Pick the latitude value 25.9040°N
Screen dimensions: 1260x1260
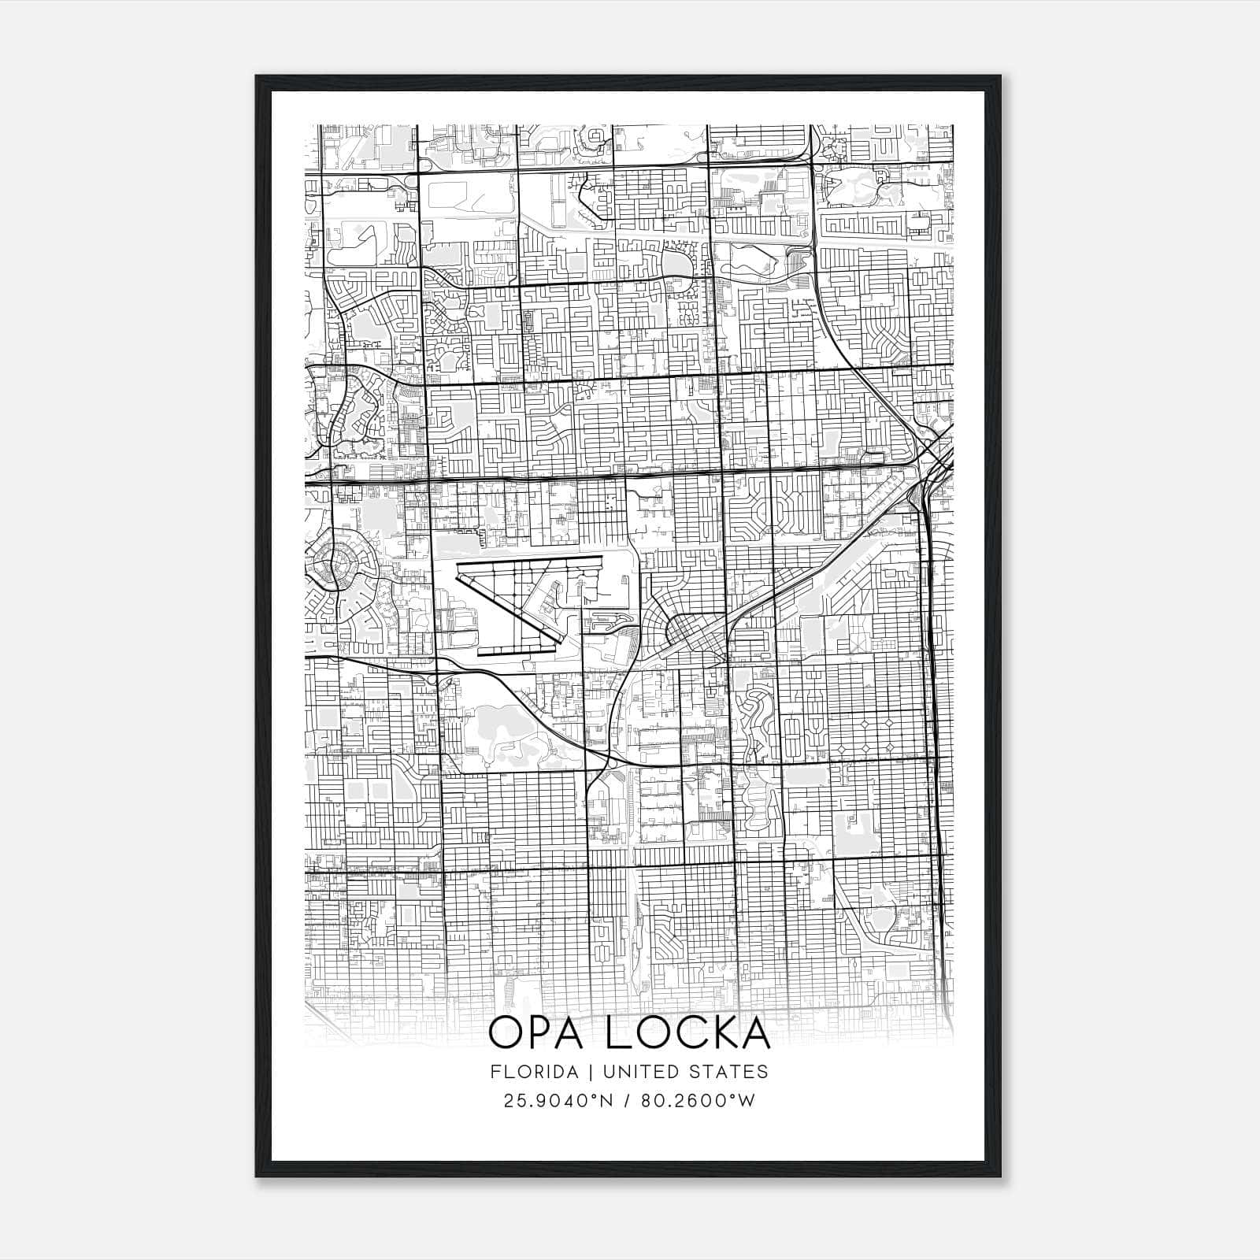[558, 1101]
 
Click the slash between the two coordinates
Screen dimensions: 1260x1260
[626, 1101]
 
